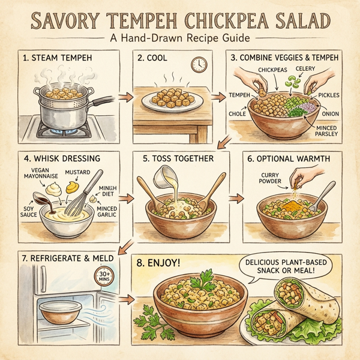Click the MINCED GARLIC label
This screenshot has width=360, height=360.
tap(107, 212)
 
